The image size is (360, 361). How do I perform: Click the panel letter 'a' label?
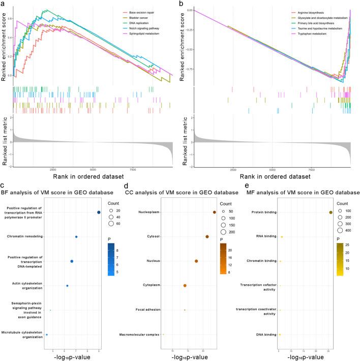click(x=4, y=4)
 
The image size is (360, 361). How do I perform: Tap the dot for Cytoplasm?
click(x=185, y=285)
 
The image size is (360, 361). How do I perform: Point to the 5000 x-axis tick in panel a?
click(x=93, y=169)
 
